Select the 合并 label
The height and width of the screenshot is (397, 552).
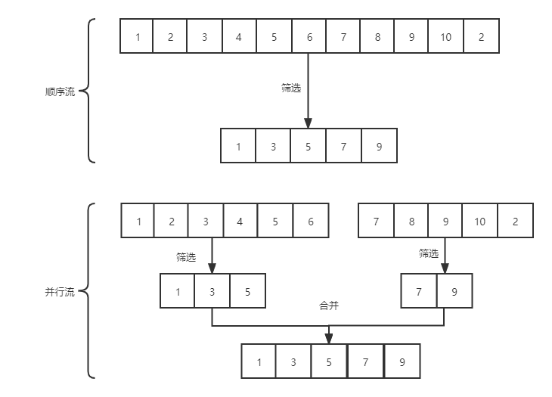(328, 306)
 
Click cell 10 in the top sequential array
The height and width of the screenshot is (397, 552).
(445, 37)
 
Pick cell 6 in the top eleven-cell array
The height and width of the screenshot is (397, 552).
(308, 37)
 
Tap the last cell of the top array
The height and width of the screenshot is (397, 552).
(481, 37)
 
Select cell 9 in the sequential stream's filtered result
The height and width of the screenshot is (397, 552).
(378, 147)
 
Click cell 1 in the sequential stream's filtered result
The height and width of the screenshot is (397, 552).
(238, 147)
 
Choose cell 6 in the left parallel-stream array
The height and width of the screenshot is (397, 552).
(311, 222)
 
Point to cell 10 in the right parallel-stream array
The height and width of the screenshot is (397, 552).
(480, 222)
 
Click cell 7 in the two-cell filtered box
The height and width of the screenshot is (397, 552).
(419, 291)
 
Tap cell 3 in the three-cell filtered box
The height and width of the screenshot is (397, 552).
(212, 291)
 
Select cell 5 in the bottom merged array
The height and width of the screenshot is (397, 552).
(329, 362)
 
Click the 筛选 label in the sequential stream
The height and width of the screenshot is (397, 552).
(291, 88)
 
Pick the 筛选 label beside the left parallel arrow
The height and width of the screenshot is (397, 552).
(186, 257)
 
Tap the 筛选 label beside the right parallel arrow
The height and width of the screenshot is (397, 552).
(429, 253)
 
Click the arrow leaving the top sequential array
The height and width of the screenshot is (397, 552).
(308, 91)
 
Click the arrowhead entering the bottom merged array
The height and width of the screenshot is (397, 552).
(329, 339)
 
